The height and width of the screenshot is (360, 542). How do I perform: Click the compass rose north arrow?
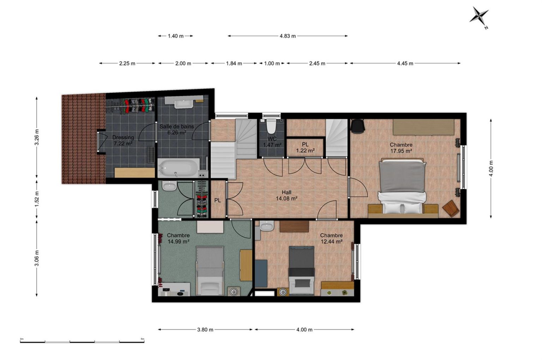(x=479, y=17)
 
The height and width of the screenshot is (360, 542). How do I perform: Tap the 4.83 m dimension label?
(x=288, y=36)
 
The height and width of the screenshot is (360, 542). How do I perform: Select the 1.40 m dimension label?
(x=176, y=36)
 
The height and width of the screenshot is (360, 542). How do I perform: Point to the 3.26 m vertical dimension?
(x=37, y=137)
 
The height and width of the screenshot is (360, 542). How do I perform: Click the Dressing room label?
(x=123, y=137)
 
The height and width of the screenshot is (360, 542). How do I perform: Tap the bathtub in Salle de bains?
(x=179, y=167)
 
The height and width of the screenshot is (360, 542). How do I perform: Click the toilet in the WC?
(x=271, y=126)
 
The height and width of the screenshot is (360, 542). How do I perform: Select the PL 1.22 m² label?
(x=305, y=147)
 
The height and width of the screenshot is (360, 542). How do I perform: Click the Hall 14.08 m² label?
(x=287, y=195)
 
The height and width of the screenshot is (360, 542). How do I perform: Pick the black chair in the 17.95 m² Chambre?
(x=357, y=126)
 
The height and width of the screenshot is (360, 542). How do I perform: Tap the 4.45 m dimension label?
(x=405, y=63)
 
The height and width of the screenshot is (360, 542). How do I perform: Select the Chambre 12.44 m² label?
(x=331, y=238)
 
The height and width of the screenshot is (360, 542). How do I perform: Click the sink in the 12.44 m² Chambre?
(x=266, y=226)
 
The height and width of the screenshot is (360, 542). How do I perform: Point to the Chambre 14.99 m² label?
(x=178, y=238)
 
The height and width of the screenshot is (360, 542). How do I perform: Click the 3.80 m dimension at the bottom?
(x=205, y=330)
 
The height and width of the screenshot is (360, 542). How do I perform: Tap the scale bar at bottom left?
(x=82, y=342)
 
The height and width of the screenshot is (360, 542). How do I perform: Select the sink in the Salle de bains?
(x=183, y=104)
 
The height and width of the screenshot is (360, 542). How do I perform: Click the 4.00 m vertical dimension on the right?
(x=491, y=169)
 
